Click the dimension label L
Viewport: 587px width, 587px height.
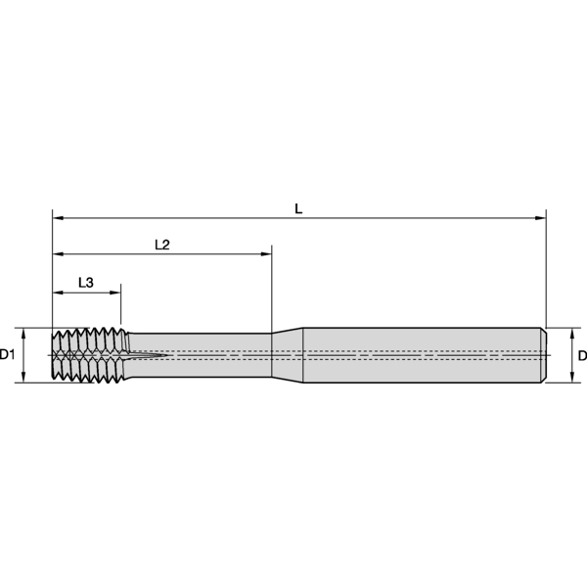tap(298, 208)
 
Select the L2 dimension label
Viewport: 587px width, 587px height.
tap(162, 245)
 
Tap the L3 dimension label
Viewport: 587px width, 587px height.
tap(86, 283)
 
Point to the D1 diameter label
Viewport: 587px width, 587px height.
tap(7, 354)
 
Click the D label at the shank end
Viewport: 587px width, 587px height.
tap(582, 356)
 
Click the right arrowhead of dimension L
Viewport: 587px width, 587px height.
tap(541, 218)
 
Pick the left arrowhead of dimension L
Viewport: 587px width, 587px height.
tap(58, 218)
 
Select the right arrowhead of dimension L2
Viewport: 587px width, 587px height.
tap(266, 254)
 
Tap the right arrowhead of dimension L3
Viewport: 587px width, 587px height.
tap(115, 293)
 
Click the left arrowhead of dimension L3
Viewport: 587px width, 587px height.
tap(58, 293)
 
